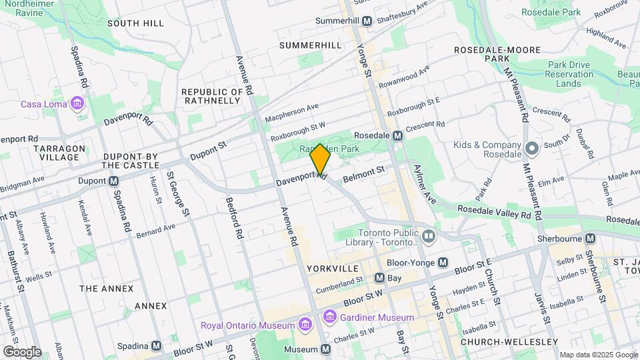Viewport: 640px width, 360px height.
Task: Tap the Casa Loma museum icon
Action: point(78,104)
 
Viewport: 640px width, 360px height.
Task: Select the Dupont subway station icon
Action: point(114,181)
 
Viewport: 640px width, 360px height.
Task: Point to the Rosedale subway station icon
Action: point(397,135)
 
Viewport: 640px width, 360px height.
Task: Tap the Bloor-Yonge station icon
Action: point(442,263)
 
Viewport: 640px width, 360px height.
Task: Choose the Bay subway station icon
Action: point(379,277)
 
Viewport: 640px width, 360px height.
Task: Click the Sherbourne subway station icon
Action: point(591,239)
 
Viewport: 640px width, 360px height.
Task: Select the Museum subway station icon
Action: point(325,349)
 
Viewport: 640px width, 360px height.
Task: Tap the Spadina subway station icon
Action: point(157,346)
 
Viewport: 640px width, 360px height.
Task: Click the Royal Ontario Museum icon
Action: point(305,325)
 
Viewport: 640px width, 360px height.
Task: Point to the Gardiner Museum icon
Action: point(329,315)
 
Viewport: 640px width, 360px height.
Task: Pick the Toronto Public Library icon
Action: point(428,235)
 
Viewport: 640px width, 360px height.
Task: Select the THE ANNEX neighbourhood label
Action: point(106,289)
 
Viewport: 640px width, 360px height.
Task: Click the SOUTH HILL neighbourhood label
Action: point(135,23)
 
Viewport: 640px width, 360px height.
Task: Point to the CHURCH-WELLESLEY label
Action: point(509,342)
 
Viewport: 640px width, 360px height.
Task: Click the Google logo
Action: point(22,351)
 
